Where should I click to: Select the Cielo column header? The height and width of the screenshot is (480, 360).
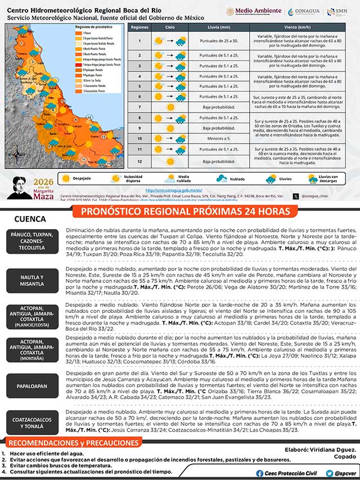pos(169,27)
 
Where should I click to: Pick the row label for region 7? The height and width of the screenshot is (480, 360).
pos(139,107)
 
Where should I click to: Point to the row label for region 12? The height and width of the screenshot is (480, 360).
pos(139,162)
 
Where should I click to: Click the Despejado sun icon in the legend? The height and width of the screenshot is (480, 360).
pos(66,178)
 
